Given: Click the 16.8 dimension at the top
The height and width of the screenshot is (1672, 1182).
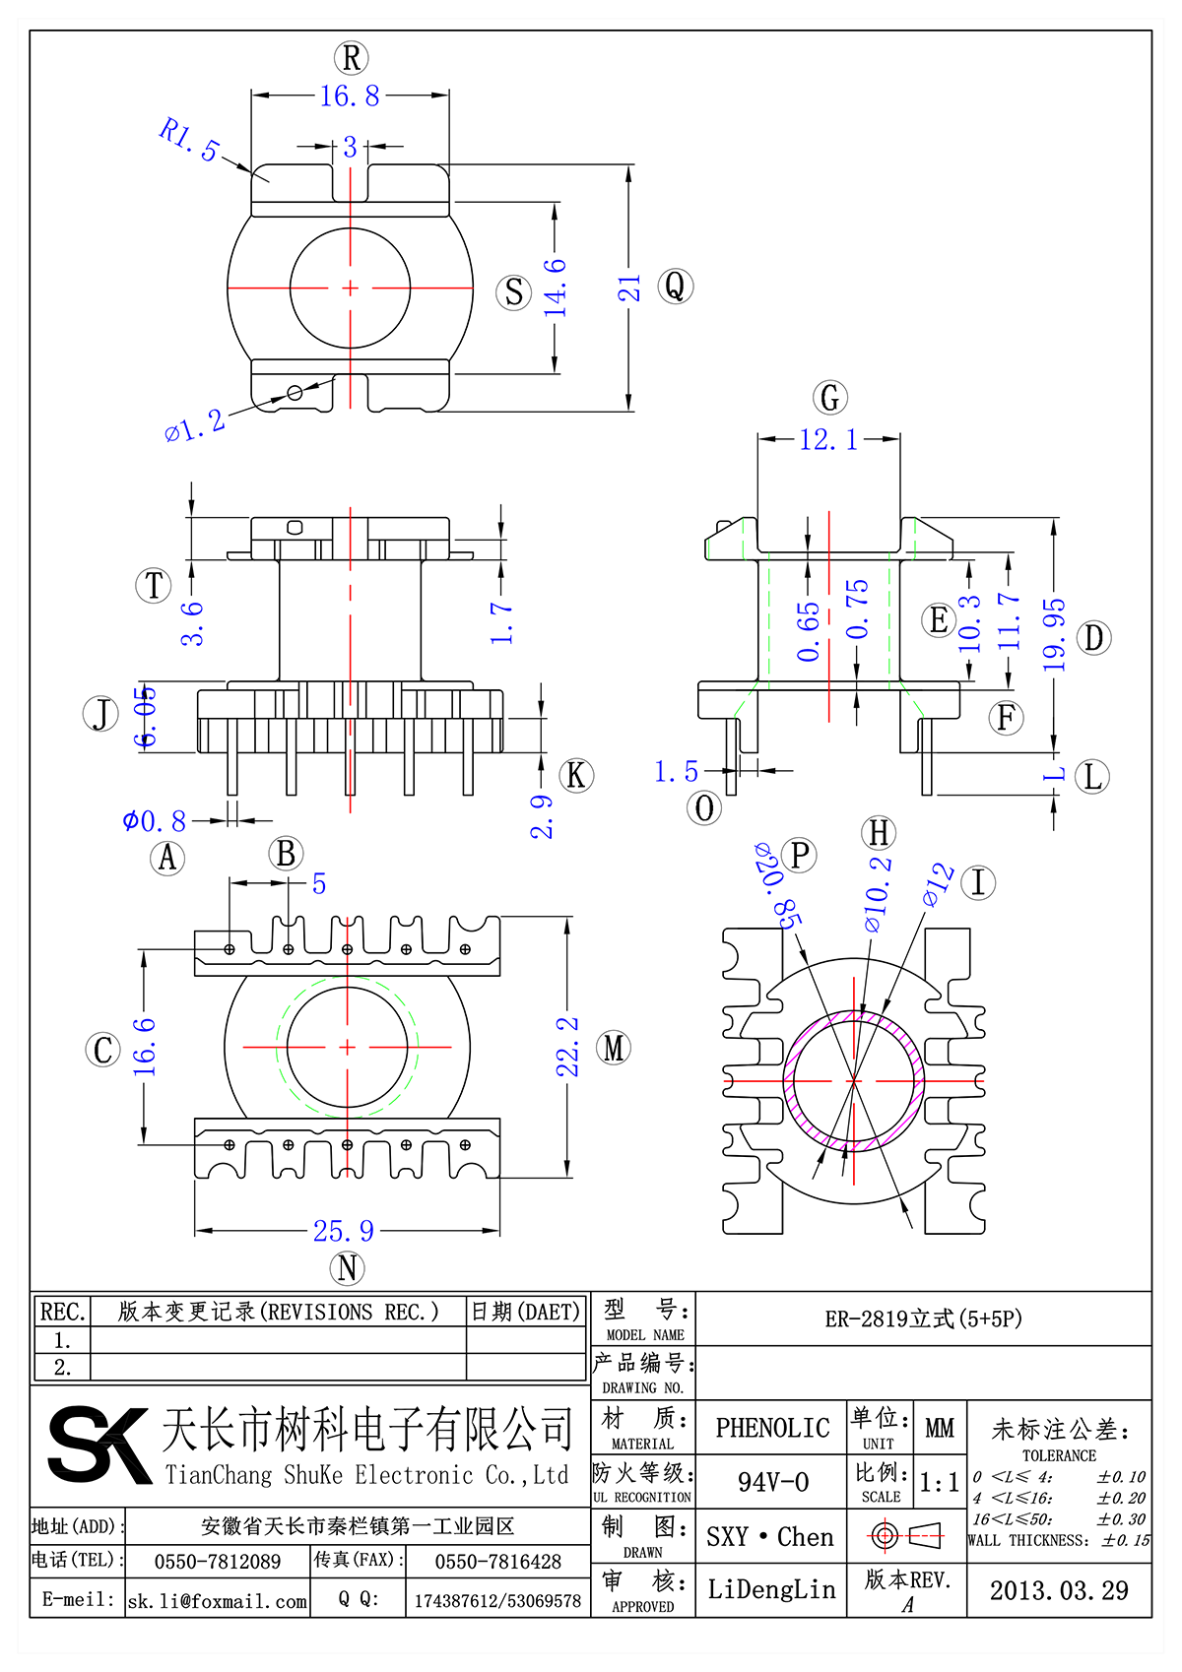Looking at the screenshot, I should [350, 96].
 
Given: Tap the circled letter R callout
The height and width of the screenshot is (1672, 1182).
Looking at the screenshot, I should [351, 57].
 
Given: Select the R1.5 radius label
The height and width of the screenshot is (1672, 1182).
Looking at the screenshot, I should [189, 139].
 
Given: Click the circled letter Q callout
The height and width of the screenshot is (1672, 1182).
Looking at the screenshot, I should [675, 287].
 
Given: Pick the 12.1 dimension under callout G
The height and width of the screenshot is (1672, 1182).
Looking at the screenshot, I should [828, 439].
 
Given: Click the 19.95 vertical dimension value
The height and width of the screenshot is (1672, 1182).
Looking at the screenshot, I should [1054, 636].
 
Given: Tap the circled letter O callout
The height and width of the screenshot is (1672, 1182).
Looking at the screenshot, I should [704, 808].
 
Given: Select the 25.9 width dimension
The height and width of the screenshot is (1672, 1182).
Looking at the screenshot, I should [344, 1231].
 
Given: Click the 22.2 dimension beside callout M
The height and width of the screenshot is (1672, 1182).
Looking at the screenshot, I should [567, 1047].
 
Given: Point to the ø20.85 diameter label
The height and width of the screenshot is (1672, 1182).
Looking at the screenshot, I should [777, 885].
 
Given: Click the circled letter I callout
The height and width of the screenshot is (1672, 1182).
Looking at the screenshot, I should [977, 882].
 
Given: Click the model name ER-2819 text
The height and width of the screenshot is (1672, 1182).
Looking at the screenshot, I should [923, 1318].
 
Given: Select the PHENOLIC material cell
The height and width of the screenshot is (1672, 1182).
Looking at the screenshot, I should [772, 1428].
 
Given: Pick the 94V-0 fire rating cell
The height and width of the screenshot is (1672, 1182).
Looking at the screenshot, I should [772, 1481].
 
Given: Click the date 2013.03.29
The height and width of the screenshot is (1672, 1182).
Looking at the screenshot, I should [1059, 1590].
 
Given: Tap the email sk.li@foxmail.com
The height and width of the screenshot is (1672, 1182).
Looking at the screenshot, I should [218, 1601].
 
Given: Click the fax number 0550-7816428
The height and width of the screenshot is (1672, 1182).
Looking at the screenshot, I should [497, 1562].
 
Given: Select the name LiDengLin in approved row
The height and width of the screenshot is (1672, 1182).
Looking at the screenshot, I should [771, 1589].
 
